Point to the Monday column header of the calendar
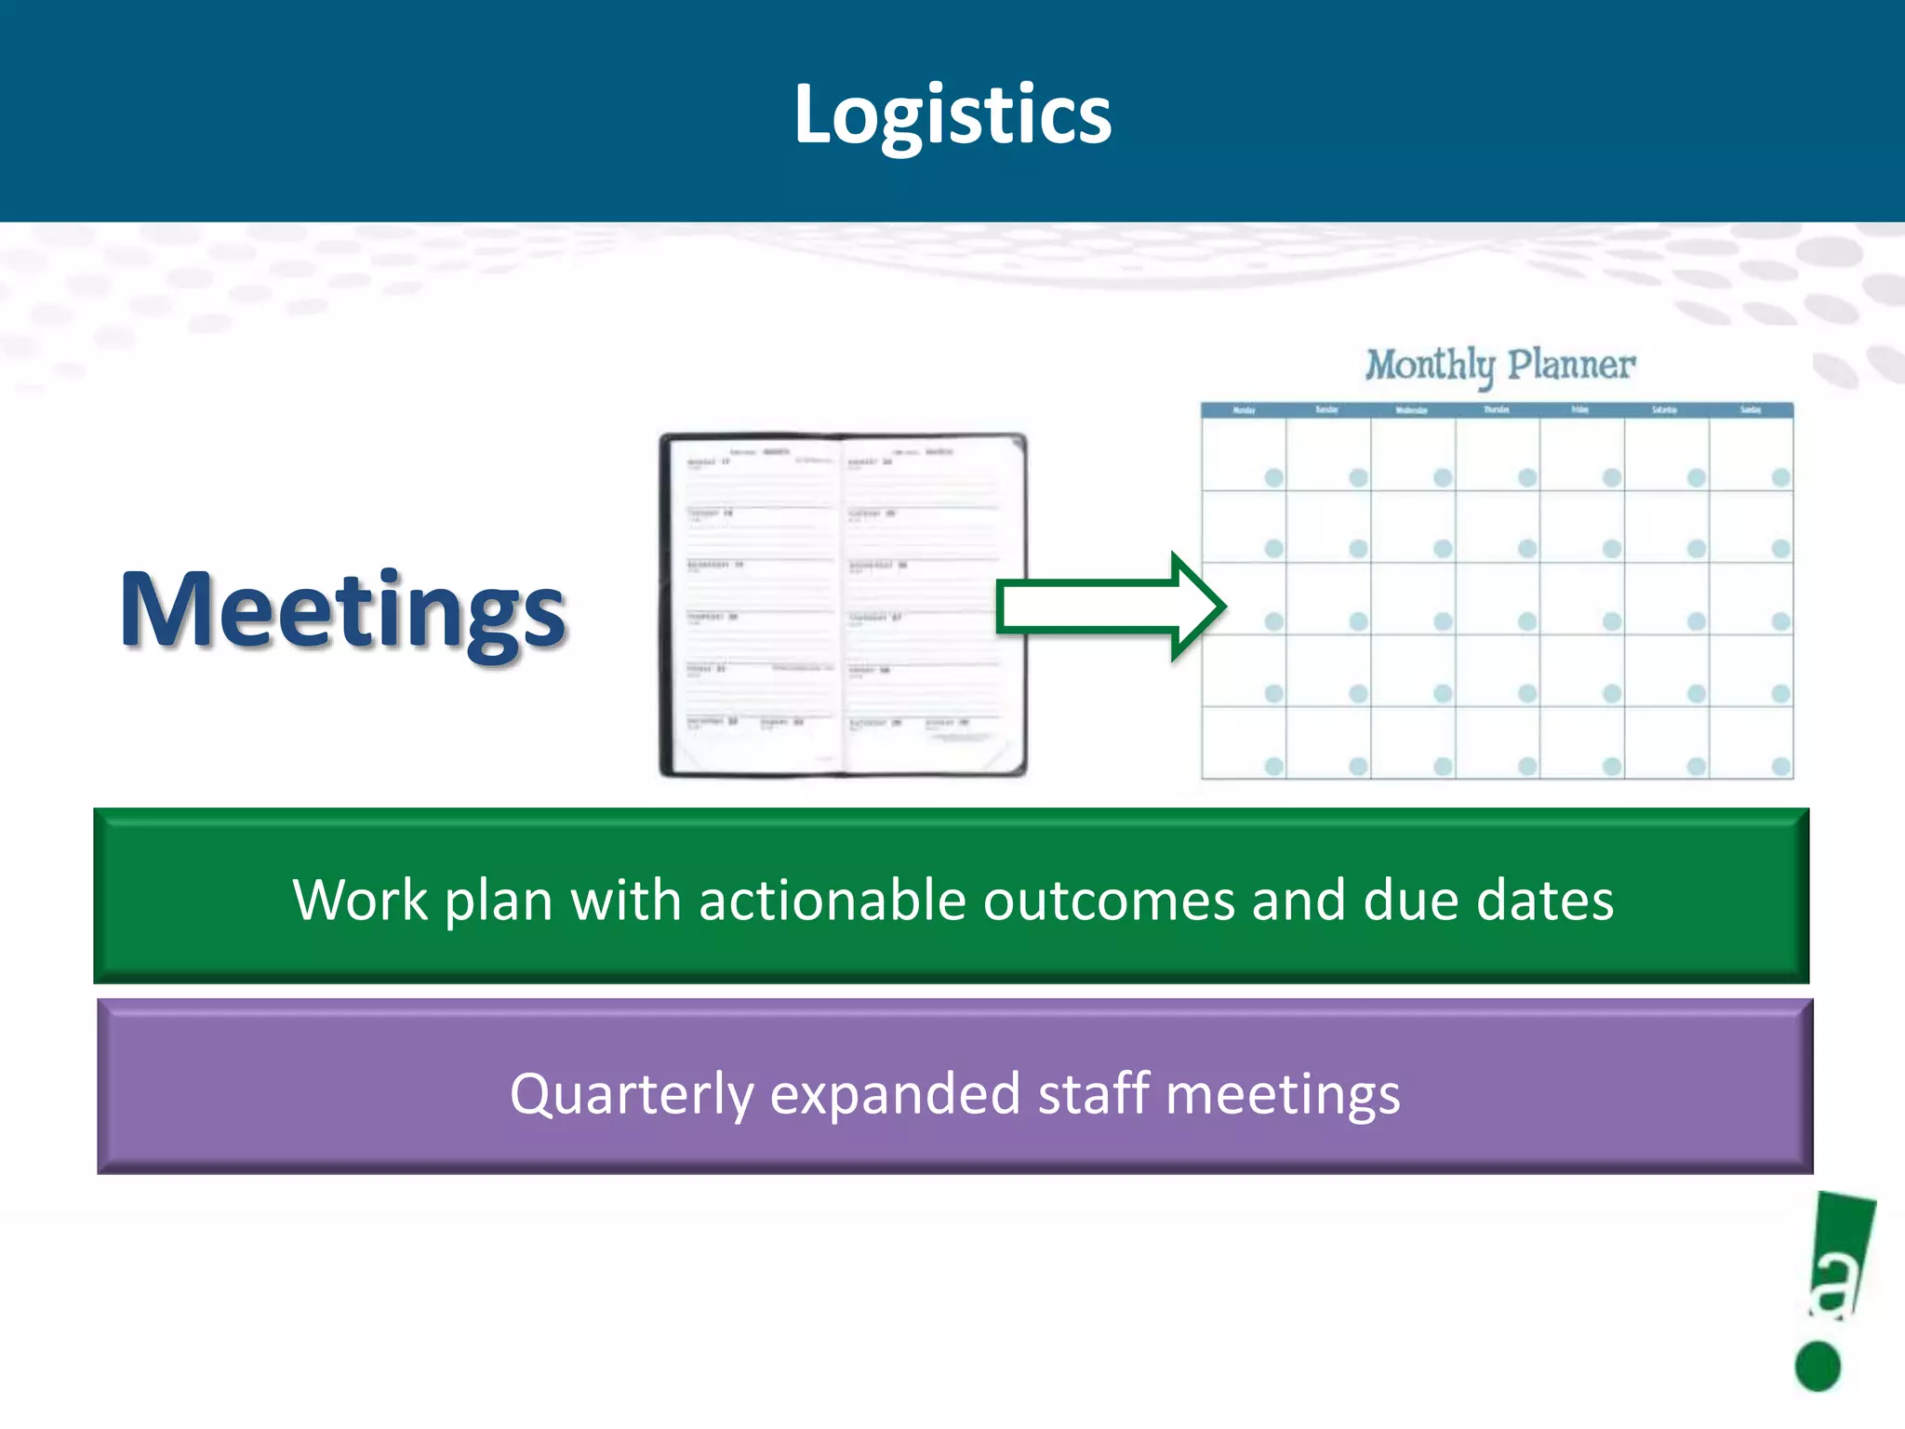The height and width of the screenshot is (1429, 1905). tap(1244, 410)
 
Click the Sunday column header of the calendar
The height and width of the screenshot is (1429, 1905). tap(1751, 410)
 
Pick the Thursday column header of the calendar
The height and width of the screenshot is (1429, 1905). tap(1497, 410)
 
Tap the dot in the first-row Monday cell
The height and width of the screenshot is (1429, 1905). tap(1273, 477)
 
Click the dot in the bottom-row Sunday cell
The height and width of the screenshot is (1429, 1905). tap(1780, 767)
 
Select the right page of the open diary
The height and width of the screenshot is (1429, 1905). tap(926, 605)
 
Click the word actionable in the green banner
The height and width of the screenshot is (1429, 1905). tap(832, 901)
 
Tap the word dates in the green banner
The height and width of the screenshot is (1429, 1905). tap(1545, 901)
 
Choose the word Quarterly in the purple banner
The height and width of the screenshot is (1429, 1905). tap(632, 1094)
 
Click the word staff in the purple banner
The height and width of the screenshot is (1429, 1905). tap(1093, 1094)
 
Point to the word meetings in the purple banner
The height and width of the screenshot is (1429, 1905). tap(1283, 1094)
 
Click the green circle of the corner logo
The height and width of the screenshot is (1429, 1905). tap(1818, 1366)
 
